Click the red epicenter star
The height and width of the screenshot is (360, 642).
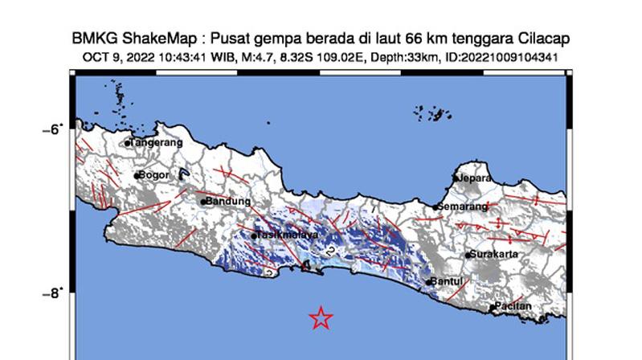(x=321, y=318)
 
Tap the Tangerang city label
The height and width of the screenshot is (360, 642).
(x=157, y=142)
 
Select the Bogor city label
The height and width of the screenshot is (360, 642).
(x=154, y=174)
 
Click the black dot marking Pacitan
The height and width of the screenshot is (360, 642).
(x=492, y=307)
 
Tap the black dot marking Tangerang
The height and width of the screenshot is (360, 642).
(x=127, y=143)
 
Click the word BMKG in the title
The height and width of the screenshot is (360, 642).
(x=91, y=39)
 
